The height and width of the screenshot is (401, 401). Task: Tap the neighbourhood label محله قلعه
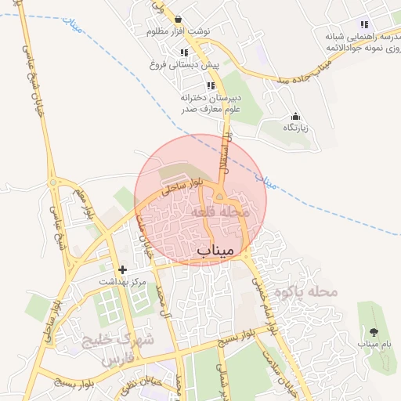pyautogui.click(x=219, y=212)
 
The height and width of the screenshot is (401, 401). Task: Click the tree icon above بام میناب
pyautogui.click(x=373, y=331)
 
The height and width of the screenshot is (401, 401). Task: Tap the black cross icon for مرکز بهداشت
pyautogui.click(x=122, y=269)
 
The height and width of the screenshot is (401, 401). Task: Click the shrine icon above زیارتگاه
pyautogui.click(x=295, y=116)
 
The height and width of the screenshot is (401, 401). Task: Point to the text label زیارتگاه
pyautogui.click(x=295, y=127)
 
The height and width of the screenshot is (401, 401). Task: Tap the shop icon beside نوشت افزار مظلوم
pyautogui.click(x=179, y=20)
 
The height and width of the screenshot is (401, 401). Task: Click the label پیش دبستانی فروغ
pyautogui.click(x=183, y=65)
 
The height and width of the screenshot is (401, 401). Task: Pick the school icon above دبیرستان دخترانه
pyautogui.click(x=210, y=85)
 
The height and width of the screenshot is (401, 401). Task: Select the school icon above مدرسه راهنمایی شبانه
pyautogui.click(x=364, y=24)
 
